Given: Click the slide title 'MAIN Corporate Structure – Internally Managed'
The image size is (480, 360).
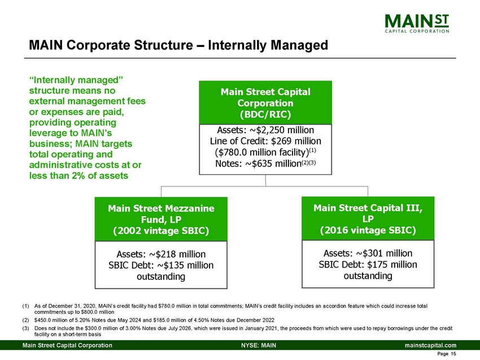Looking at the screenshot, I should [x=178, y=44].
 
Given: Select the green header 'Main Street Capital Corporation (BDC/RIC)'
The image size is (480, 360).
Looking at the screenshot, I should [x=265, y=103].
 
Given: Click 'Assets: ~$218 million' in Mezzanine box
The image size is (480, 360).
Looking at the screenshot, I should [x=161, y=254].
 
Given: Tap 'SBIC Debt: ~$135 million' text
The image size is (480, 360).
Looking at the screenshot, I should [x=161, y=266].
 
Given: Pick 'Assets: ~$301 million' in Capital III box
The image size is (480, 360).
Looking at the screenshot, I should [x=368, y=253].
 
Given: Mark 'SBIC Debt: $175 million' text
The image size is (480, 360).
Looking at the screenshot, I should [x=368, y=265].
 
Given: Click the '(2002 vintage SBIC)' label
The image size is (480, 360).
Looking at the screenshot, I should [x=161, y=230].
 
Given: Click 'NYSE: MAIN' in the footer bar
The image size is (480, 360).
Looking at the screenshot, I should [x=258, y=345].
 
